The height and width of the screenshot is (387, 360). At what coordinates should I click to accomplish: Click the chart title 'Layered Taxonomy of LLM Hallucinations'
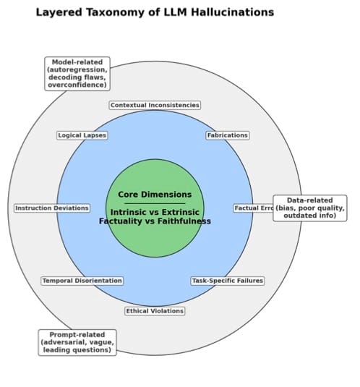tap(155, 12)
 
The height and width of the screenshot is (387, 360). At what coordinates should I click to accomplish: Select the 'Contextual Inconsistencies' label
tap(155, 105)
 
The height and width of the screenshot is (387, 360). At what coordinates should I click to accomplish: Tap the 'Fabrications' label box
tap(227, 135)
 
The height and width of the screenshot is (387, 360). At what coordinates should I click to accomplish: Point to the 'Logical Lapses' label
tap(82, 135)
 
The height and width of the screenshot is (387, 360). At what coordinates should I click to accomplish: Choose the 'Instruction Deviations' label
tap(52, 208)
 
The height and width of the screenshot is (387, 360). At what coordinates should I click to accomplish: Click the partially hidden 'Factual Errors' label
tap(253, 208)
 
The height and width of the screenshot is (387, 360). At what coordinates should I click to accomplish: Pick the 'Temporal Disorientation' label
tap(82, 281)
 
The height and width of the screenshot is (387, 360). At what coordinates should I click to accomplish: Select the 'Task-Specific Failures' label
tap(227, 281)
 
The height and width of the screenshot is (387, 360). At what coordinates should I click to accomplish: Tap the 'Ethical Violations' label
tap(155, 311)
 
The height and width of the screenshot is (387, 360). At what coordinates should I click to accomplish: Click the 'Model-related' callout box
tap(76, 74)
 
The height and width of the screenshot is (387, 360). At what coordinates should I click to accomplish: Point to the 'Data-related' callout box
tap(309, 208)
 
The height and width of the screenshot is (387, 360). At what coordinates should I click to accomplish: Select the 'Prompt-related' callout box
tap(77, 342)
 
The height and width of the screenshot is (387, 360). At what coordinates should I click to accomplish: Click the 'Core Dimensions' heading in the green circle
tap(155, 195)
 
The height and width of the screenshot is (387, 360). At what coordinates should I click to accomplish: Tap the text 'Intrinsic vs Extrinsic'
tap(155, 212)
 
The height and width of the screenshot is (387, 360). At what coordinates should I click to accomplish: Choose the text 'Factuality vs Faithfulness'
tap(155, 221)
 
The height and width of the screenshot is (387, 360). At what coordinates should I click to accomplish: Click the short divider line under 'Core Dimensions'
tap(155, 203)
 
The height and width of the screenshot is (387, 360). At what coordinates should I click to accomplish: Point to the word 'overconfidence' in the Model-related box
tap(76, 84)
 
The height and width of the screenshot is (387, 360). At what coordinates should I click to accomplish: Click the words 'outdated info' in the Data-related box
tap(309, 216)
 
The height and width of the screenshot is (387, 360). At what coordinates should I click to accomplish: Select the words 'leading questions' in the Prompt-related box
tap(77, 351)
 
